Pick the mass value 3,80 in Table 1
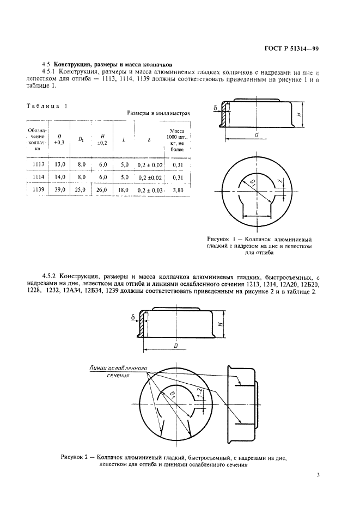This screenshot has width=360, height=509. pos(178,191)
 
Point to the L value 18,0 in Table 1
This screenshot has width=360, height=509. pos(124,190)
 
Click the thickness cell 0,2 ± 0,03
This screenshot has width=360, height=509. pos(150,191)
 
